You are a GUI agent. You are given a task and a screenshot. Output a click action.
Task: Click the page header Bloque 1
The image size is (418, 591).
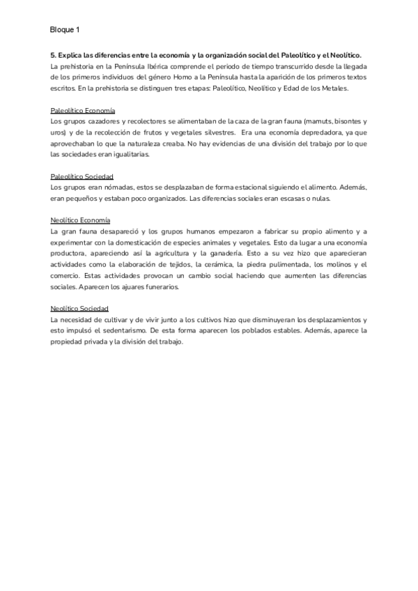tap(65, 31)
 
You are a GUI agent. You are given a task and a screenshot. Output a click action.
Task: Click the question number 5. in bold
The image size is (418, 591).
tap(54, 55)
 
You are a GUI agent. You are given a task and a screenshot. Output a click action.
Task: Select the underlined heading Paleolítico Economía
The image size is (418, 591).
tap(83, 111)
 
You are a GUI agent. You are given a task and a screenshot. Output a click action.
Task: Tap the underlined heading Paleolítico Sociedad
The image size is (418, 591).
tap(82, 177)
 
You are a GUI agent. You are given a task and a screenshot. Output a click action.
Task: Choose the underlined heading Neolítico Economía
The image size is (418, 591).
tap(80, 220)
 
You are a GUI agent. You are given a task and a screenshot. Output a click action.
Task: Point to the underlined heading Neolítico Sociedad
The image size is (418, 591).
tap(79, 308)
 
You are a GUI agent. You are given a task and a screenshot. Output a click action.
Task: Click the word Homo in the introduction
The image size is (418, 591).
tap(190, 77)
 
